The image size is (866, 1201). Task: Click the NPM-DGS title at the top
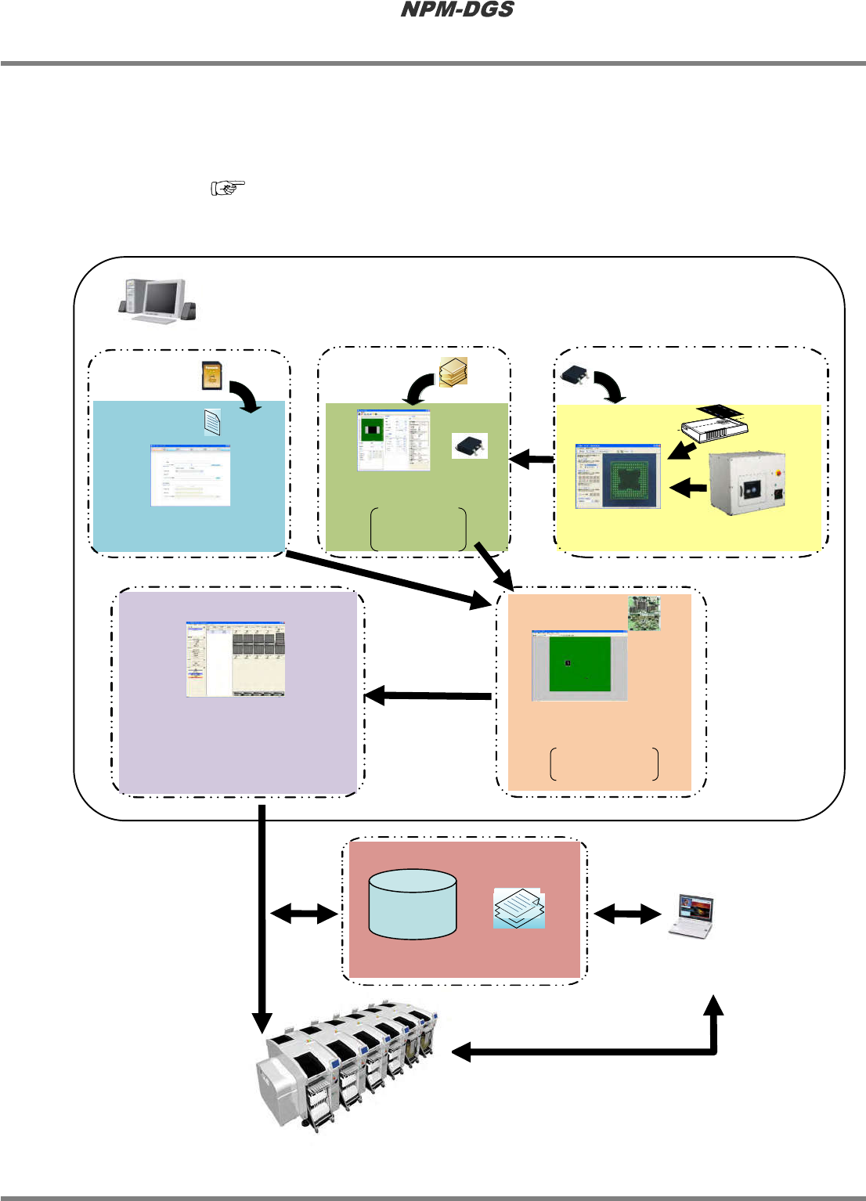[x=457, y=10]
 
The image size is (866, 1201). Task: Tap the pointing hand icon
[x=228, y=188]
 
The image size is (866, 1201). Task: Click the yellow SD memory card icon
[x=210, y=375]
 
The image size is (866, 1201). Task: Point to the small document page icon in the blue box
[x=212, y=423]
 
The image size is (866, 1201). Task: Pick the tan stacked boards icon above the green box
[x=454, y=372]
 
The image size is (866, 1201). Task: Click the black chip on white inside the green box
[x=470, y=445]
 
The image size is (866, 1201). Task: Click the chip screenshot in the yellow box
[x=619, y=476]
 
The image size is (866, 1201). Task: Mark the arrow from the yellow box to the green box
[x=532, y=459]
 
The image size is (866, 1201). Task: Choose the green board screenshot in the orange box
[x=579, y=665]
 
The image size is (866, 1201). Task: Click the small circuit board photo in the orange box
[x=644, y=613]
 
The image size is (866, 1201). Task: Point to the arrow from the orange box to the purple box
[x=428, y=695]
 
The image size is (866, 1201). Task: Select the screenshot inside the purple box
[x=235, y=659]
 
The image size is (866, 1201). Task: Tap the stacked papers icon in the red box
[x=518, y=908]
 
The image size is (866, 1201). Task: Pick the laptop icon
[x=691, y=915]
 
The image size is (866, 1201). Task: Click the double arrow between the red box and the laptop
[x=628, y=913]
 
